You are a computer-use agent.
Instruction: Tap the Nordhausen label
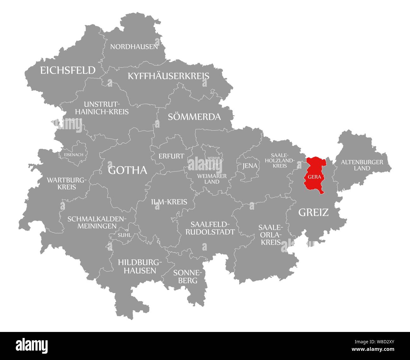point(134,47)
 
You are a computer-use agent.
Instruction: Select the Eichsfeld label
point(67,70)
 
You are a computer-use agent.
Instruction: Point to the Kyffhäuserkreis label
point(168,76)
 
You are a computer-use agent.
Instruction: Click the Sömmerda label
point(194,117)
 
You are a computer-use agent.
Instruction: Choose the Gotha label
point(127,170)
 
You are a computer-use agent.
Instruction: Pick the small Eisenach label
point(74,154)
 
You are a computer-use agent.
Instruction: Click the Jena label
point(250,166)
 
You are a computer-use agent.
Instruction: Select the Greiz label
point(313,212)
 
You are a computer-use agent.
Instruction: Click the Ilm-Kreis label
point(169,202)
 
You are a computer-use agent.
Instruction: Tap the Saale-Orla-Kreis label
point(270,235)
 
